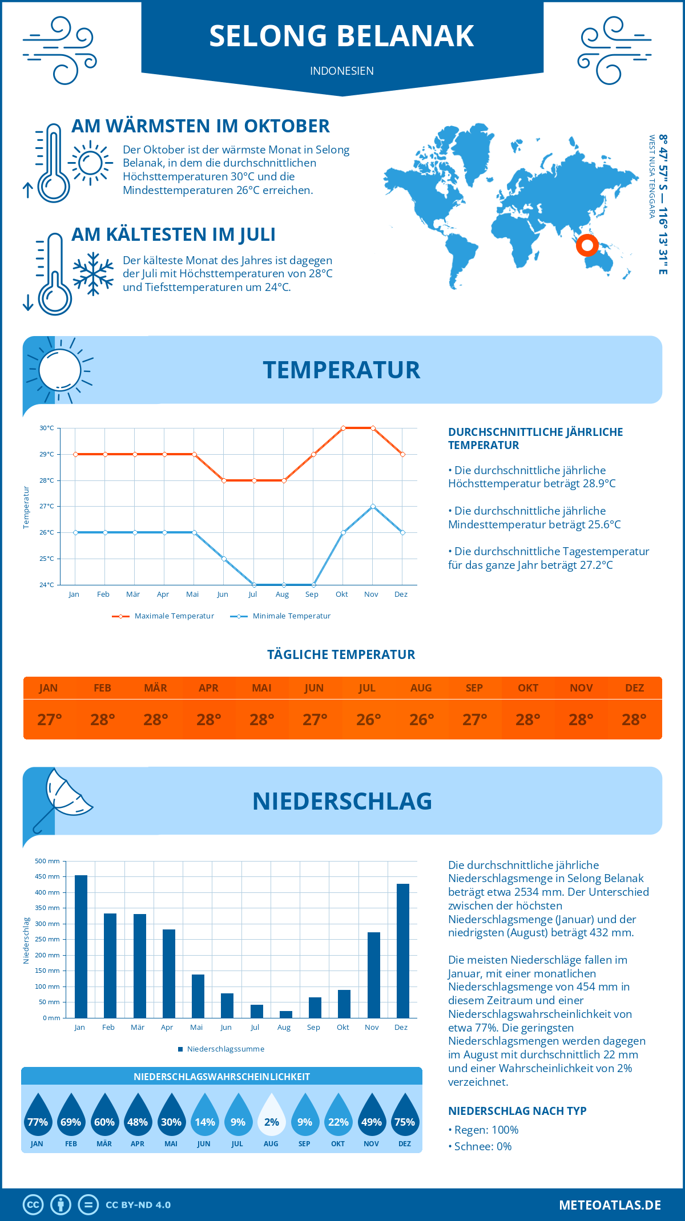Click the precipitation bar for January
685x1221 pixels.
pyautogui.click(x=81, y=947)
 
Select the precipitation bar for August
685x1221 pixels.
pyautogui.click(x=286, y=1014)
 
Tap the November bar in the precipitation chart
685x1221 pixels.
pyautogui.click(x=374, y=975)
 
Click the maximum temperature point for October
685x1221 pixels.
pyautogui.click(x=343, y=428)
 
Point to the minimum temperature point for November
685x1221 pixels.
pyautogui.click(x=373, y=506)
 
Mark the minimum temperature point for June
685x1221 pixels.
pyautogui.click(x=224, y=559)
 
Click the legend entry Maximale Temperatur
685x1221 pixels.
pyautogui.click(x=163, y=616)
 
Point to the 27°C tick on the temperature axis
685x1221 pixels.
pyautogui.click(x=47, y=506)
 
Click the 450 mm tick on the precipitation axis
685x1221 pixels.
pyautogui.click(x=48, y=876)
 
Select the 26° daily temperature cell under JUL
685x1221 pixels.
pyautogui.click(x=368, y=719)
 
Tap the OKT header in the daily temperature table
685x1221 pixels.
pyautogui.click(x=528, y=688)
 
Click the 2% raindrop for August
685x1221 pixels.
pyautogui.click(x=271, y=1118)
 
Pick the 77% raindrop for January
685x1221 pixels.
pyautogui.click(x=38, y=1118)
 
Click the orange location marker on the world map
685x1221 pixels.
pyautogui.click(x=587, y=245)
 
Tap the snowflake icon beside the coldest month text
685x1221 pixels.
pyautogui.click(x=93, y=274)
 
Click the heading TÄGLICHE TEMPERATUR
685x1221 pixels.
pyautogui.click(x=341, y=654)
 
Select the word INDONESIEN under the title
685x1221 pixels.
pyautogui.click(x=342, y=71)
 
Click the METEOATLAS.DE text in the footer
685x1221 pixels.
pyautogui.click(x=610, y=1205)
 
